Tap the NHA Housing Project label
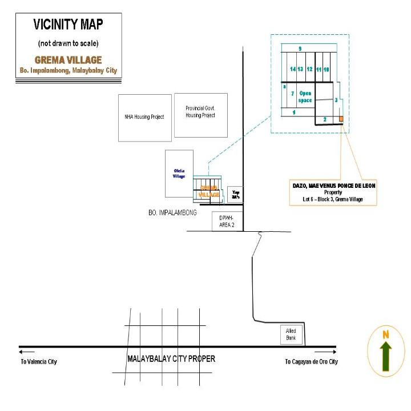click(x=144, y=116)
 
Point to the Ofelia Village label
click(x=179, y=173)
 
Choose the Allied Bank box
click(x=291, y=335)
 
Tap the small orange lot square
click(x=341, y=119)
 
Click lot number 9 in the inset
click(x=299, y=48)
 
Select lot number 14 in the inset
click(x=293, y=69)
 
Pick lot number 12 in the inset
click(x=309, y=69)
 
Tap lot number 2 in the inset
click(x=324, y=119)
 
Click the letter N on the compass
click(x=385, y=334)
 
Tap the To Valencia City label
click(x=39, y=361)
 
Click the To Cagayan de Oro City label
click(x=311, y=361)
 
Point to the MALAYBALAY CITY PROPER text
click(x=171, y=359)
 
